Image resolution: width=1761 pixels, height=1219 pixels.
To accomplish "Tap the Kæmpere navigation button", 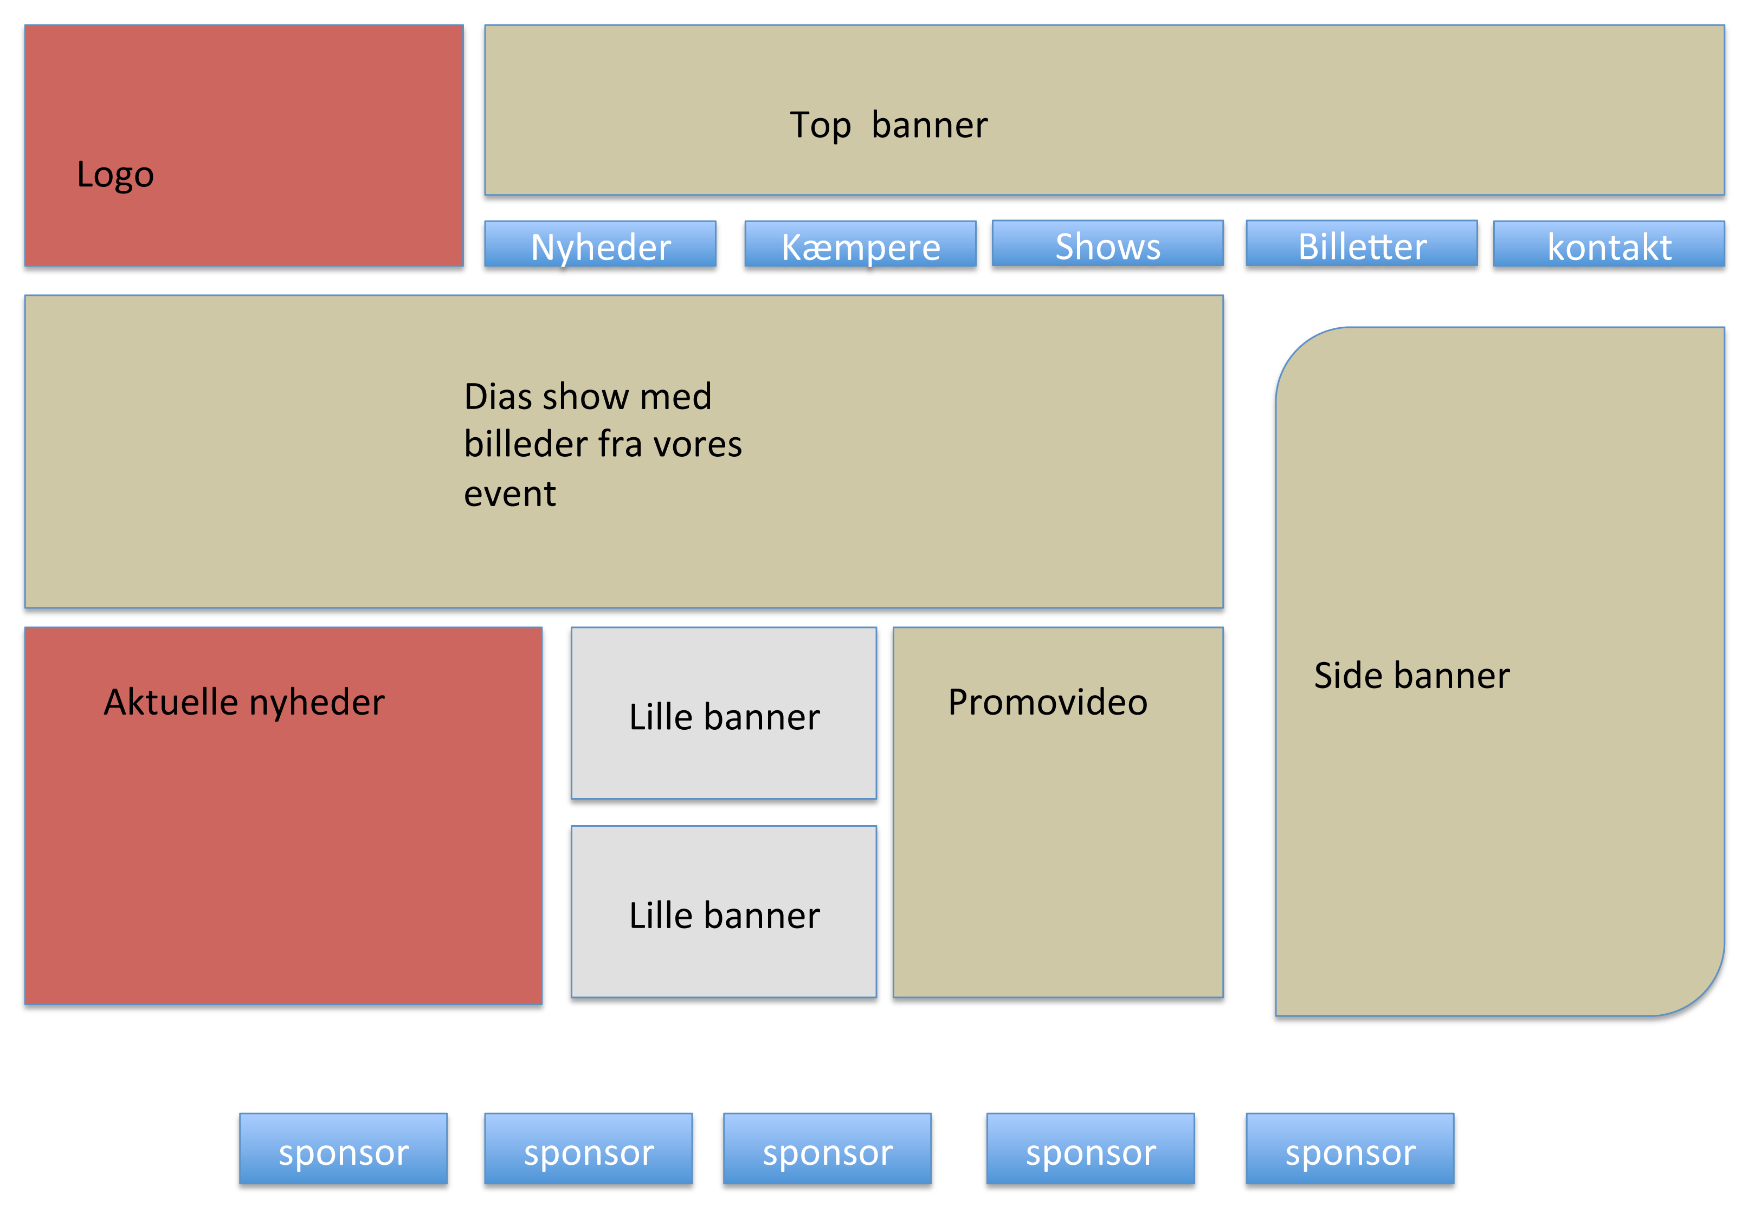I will coord(860,244).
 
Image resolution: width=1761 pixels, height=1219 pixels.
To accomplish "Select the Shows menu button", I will coord(1107,244).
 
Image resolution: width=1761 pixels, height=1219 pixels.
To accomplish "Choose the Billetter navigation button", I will coord(1362,244).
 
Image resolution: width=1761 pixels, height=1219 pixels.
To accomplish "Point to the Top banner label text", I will coord(888,125).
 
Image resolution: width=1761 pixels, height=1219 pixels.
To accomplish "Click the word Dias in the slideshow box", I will coord(498,397).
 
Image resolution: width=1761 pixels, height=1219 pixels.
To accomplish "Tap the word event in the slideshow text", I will coord(509,494).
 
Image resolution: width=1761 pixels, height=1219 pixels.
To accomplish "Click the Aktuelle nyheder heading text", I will coord(244,702).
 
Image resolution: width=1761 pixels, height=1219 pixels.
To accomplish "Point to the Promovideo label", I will coord(1047,702).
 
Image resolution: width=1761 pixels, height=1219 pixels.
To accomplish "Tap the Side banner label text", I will coord(1411,675).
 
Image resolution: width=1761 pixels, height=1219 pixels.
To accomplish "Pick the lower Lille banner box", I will coord(724,912).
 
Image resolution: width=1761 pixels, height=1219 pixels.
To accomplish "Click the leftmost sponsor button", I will coord(343,1149).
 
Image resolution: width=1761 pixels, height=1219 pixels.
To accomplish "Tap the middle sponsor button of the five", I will coord(828,1149).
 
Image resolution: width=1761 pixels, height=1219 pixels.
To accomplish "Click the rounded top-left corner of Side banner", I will coord(1299,351).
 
